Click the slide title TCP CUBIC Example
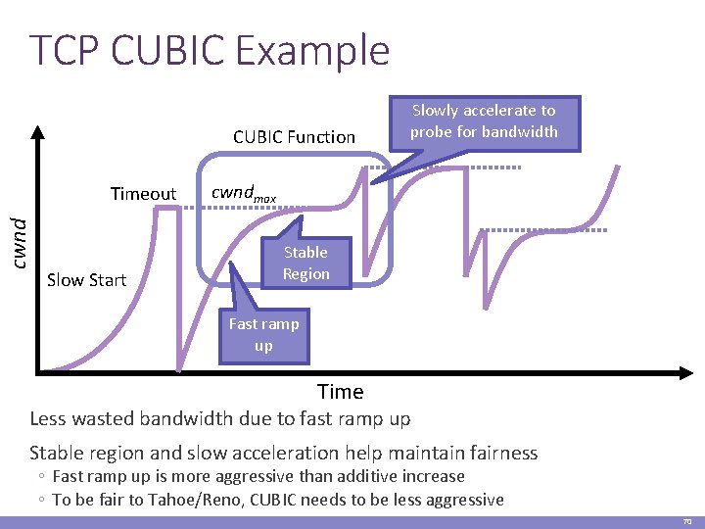pos(210,51)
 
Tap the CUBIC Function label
pos(294,137)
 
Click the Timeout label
pos(143,194)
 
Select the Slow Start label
pos(86,280)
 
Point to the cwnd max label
pos(244,194)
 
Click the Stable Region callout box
pos(305,264)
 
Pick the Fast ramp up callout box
pos(263,334)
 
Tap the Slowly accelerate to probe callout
pos(484,121)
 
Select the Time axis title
pos(340,392)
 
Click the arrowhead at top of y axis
pos(36,128)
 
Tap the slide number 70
pos(686,521)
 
